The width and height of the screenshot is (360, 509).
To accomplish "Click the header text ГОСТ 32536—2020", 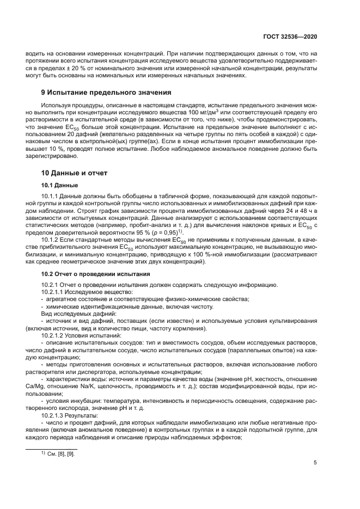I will point(290,36).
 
